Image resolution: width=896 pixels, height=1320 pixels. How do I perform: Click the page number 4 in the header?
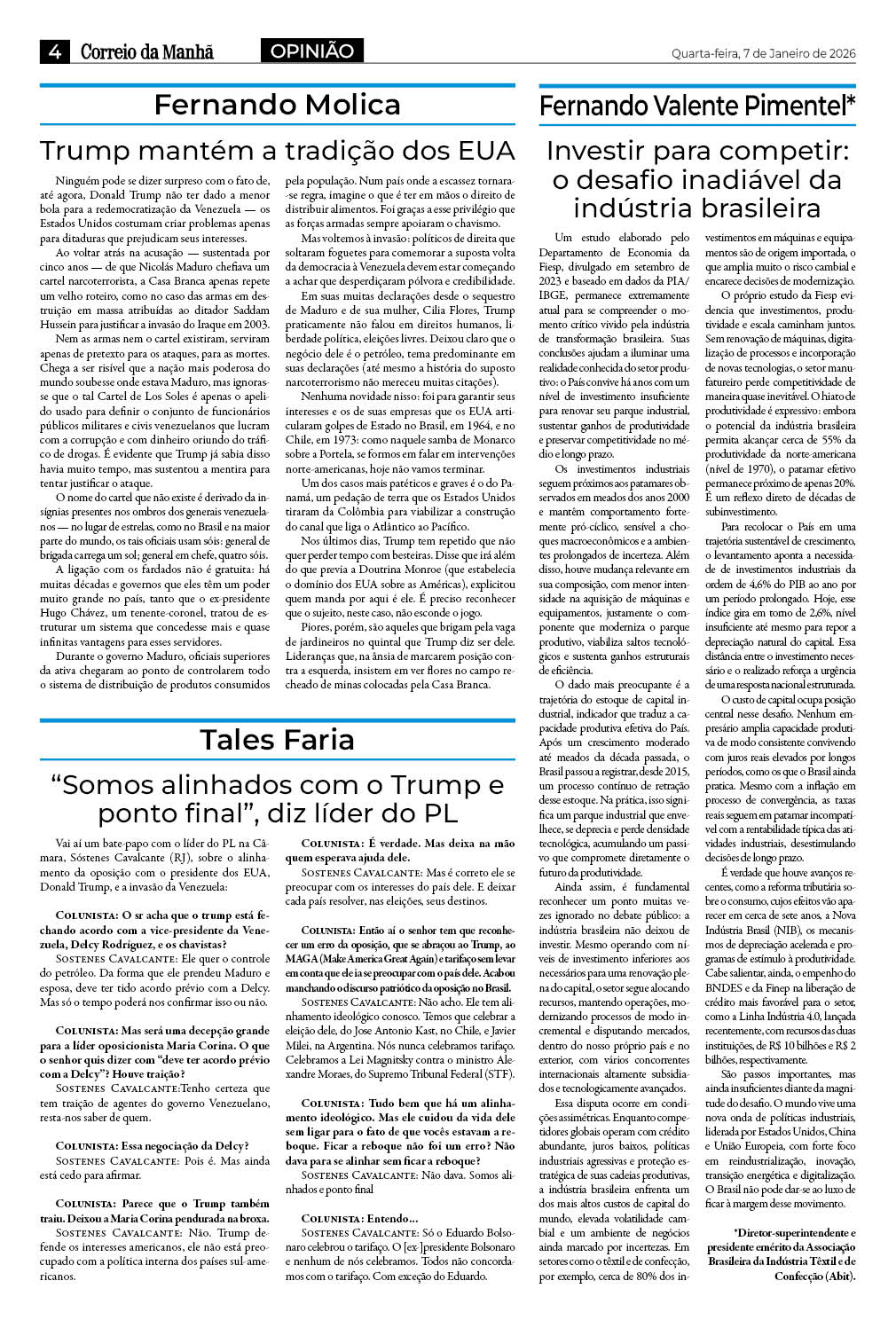click(54, 52)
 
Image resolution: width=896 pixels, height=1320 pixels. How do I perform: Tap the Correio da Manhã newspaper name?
click(147, 52)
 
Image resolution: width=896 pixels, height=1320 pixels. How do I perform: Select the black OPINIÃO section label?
click(312, 51)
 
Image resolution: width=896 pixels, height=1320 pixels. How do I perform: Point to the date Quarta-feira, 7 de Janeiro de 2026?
click(763, 53)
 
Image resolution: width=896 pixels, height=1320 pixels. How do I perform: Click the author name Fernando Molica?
click(277, 105)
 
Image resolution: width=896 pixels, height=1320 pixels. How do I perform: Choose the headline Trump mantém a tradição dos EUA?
click(277, 150)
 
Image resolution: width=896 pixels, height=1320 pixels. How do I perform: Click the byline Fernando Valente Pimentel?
click(692, 106)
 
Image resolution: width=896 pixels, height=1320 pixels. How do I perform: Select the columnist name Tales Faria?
click(277, 739)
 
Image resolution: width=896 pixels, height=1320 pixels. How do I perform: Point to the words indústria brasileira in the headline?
click(696, 208)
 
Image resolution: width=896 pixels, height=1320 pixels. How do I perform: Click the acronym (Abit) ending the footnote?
click(837, 1276)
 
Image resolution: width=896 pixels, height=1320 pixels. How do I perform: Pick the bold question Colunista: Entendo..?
click(358, 1218)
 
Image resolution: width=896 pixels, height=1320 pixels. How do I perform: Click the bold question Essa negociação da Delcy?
click(152, 1145)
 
